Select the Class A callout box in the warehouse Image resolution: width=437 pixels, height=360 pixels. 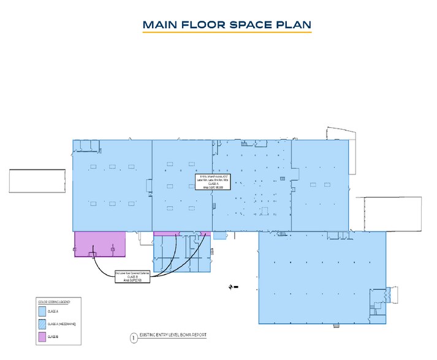213,181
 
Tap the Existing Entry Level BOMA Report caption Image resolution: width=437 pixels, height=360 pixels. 173,336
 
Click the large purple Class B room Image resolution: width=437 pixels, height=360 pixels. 100,244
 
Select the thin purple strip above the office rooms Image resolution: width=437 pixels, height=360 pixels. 181,234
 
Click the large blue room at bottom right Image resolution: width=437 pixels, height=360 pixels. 322,276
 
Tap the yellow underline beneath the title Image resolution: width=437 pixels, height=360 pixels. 227,32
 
